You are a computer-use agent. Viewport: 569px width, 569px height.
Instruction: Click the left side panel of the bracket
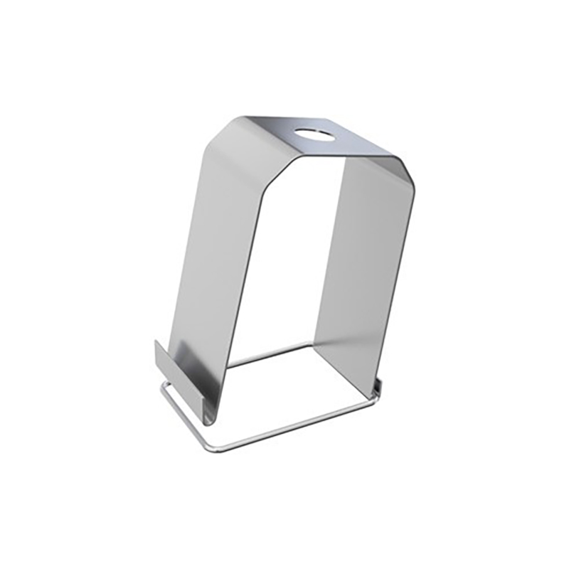pyautogui.click(x=213, y=270)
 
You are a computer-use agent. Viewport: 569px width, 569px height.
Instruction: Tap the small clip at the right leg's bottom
pyautogui.click(x=377, y=388)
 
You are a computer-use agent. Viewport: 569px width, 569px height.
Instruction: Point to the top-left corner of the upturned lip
pyautogui.click(x=156, y=341)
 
